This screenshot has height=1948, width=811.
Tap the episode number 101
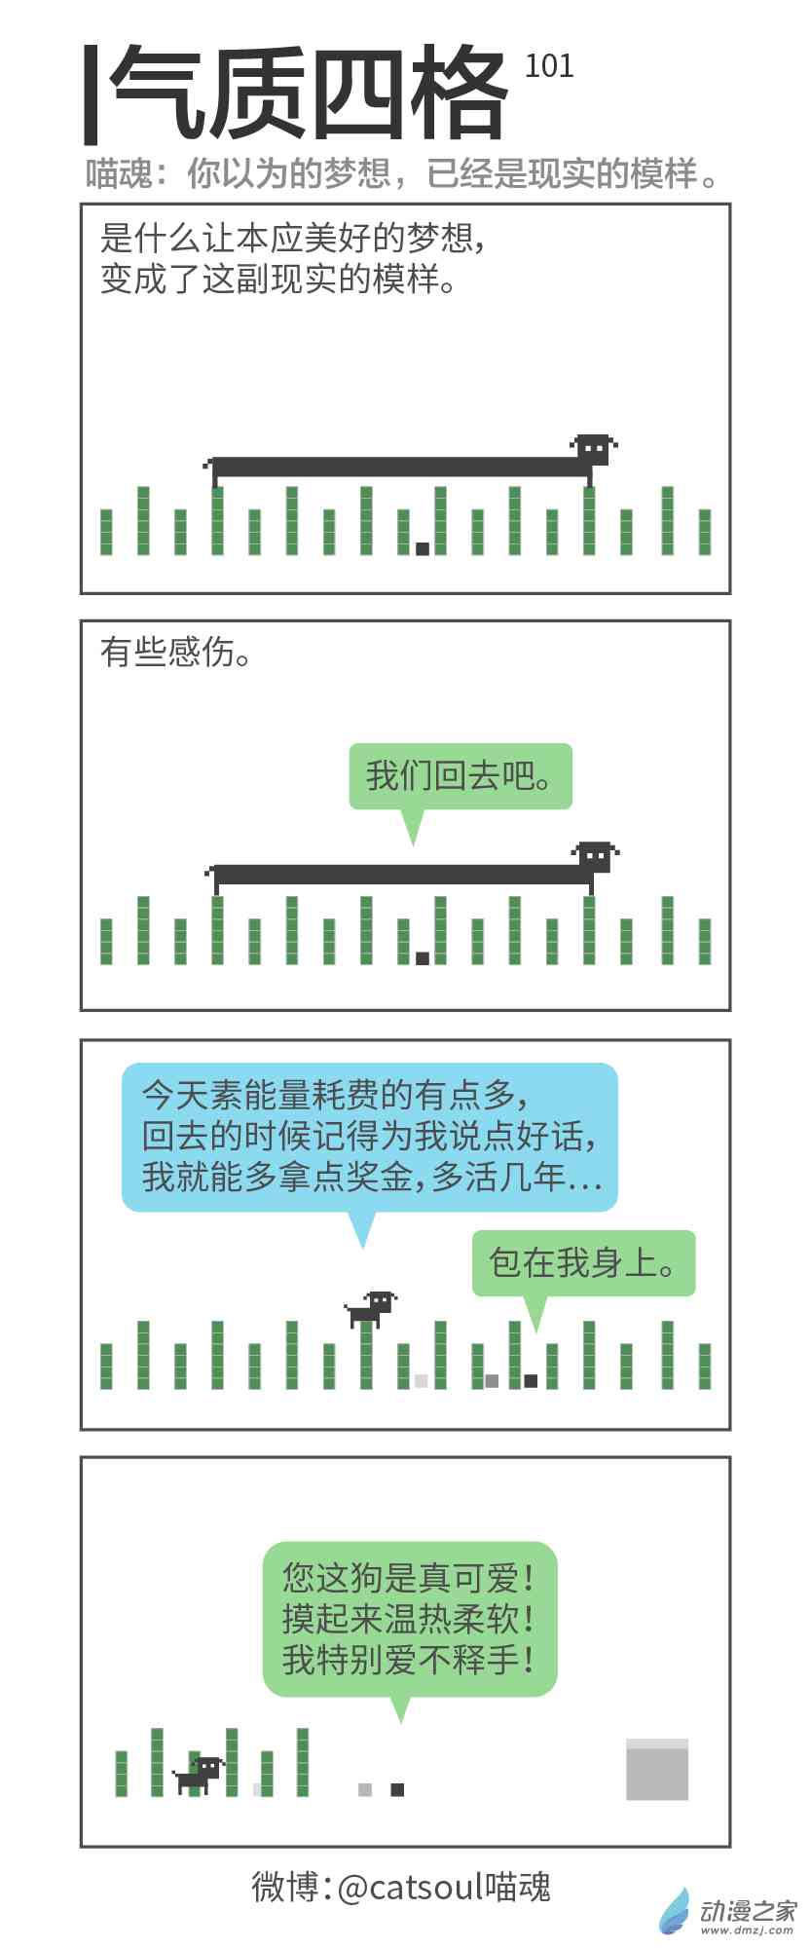(549, 66)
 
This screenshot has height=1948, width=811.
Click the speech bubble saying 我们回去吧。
(461, 777)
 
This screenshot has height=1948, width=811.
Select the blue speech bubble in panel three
(369, 1137)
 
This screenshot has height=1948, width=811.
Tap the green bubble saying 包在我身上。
(583, 1263)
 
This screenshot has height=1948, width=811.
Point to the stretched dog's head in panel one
(593, 449)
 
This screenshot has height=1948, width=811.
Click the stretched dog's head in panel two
(594, 857)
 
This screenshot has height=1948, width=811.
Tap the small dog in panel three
(372, 1308)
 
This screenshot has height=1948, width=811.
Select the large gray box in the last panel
(656, 1770)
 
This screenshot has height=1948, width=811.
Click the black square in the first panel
(423, 548)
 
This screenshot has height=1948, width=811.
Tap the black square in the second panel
(423, 957)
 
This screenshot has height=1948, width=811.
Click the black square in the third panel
(531, 1380)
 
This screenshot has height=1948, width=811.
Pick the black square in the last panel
(397, 1789)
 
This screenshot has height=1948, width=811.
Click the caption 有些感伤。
(176, 653)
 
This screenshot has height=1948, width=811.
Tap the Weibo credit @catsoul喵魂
(401, 1887)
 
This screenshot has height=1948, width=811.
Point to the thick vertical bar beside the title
(91, 94)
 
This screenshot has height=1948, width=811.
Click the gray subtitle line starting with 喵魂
(402, 174)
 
